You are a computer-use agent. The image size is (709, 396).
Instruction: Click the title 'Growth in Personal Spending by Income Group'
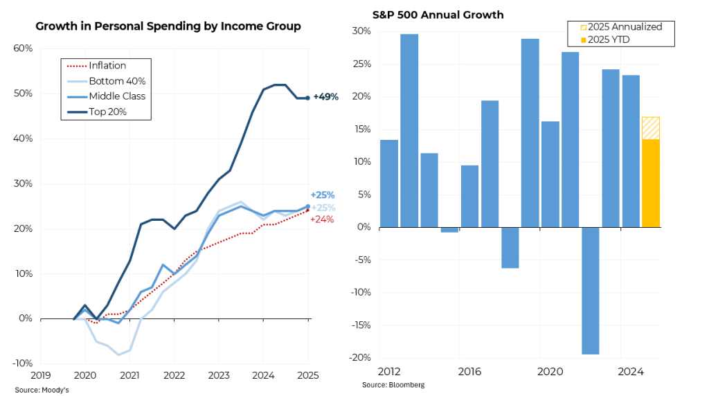click(168, 27)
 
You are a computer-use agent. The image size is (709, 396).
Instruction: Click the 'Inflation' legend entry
click(107, 66)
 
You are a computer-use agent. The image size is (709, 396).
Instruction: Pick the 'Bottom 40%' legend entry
click(117, 81)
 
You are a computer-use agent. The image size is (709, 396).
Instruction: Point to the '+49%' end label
click(325, 97)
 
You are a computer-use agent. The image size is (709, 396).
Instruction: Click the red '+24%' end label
click(323, 219)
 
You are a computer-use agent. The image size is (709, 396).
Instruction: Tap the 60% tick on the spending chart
click(24, 48)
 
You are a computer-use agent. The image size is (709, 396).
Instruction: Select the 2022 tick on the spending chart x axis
click(174, 375)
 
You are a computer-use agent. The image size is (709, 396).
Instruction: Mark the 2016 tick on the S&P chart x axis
click(469, 372)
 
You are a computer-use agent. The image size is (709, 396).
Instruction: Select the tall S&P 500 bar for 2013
click(409, 130)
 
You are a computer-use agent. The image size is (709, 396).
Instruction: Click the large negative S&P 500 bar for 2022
click(590, 291)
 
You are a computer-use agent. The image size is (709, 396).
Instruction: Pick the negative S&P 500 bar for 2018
click(510, 247)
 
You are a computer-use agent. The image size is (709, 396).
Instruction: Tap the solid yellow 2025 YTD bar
click(650, 183)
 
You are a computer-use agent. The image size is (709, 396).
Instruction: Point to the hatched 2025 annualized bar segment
click(650, 128)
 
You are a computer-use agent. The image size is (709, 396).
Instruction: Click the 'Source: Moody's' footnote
click(41, 390)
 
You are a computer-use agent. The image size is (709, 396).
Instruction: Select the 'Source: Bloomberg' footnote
click(393, 384)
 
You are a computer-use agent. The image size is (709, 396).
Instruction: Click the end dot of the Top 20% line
click(308, 98)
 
